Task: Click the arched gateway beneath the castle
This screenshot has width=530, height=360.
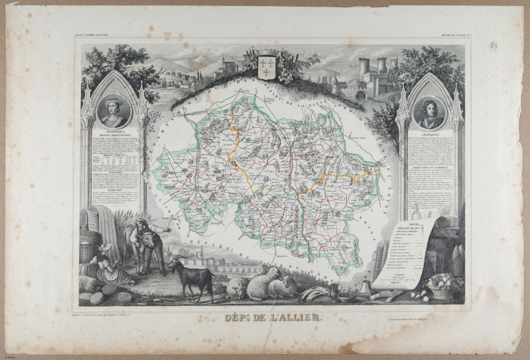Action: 360,95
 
